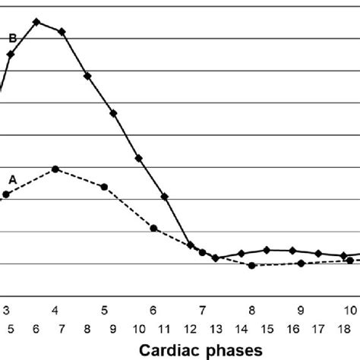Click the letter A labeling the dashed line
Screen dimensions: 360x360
[12, 179]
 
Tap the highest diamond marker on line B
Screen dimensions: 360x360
[36, 21]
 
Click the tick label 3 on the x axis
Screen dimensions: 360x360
[6, 311]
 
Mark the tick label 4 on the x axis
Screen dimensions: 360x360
[55, 311]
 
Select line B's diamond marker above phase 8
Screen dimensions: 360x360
[87, 76]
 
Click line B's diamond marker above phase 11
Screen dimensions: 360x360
[165, 197]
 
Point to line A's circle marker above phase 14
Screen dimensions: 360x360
[251, 265]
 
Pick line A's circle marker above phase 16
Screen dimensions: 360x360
[302, 264]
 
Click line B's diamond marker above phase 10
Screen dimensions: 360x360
[139, 158]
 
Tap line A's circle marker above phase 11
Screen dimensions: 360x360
[154, 229]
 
